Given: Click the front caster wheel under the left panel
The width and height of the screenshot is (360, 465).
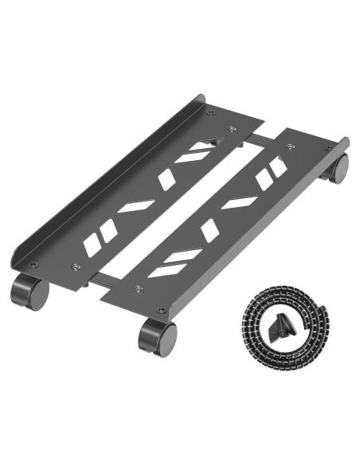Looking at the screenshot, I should [x=29, y=291].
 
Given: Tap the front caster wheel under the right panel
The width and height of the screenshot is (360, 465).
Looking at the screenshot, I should [x=156, y=337].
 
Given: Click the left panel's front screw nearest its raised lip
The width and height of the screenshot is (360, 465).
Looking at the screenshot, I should [x=33, y=265].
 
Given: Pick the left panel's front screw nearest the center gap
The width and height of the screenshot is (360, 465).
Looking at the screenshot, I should [x=76, y=267].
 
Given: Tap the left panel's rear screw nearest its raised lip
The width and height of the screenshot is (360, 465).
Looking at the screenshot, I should [x=210, y=112].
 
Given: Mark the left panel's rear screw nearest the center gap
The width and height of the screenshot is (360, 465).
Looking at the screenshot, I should [x=233, y=128].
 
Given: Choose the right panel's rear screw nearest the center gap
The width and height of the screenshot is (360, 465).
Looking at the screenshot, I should [x=290, y=147].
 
